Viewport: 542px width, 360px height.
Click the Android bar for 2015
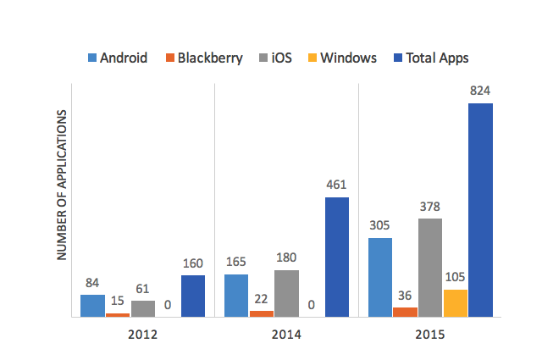tap(380, 277)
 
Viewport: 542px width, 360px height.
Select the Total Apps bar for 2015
tap(480, 210)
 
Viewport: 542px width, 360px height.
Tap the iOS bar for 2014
tap(287, 293)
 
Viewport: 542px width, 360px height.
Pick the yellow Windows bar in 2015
tap(456, 302)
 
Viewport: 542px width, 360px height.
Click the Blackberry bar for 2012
tap(118, 314)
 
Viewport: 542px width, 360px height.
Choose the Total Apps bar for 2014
tap(336, 257)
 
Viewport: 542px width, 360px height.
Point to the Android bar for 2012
tap(92, 305)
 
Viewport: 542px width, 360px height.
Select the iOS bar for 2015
tap(430, 267)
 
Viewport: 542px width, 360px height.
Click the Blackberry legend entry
tap(203, 58)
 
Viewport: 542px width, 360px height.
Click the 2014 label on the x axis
tap(287, 334)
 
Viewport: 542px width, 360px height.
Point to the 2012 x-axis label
tap(143, 334)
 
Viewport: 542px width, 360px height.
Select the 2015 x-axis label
tap(430, 334)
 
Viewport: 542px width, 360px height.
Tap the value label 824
tap(480, 91)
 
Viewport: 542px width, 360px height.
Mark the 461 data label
tap(336, 185)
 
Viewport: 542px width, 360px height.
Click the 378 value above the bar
tap(430, 206)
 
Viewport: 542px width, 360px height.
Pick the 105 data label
tap(456, 277)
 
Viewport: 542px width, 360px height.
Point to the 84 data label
tap(92, 282)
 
